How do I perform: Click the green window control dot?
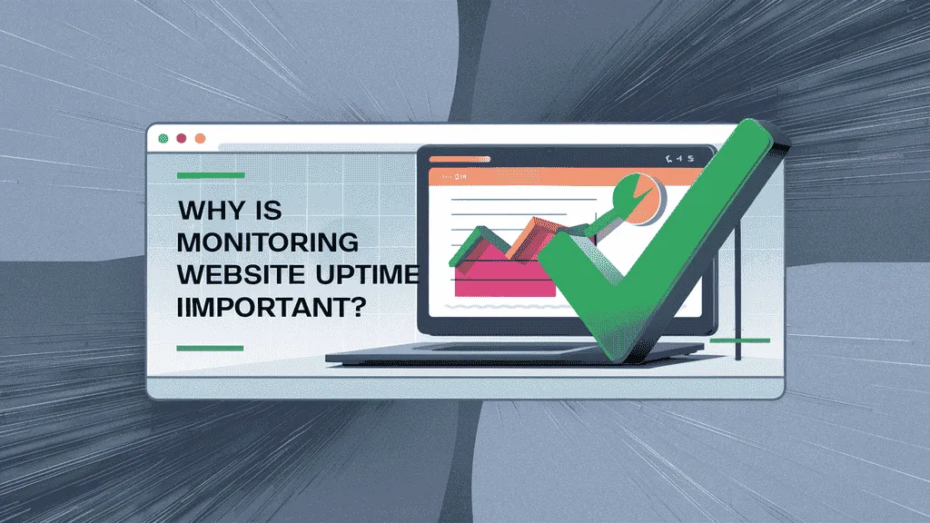pos(163,139)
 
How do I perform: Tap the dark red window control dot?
pos(182,138)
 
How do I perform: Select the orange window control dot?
pos(201,138)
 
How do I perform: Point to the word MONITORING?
pos(268,242)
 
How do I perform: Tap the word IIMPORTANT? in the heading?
pos(271,307)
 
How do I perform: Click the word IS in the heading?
pos(268,211)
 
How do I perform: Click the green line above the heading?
pos(211,175)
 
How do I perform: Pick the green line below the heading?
pos(210,348)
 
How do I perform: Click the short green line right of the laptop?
pos(739,340)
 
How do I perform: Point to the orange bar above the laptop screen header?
pos(460,159)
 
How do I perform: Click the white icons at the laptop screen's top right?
pos(679,158)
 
